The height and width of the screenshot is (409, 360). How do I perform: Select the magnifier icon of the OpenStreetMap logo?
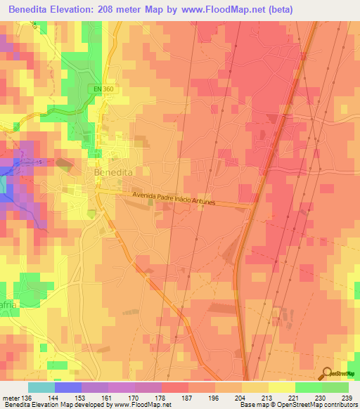(327, 374)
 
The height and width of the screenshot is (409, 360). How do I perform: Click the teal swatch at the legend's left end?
(41, 387)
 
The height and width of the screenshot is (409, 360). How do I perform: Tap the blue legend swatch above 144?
(67, 387)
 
